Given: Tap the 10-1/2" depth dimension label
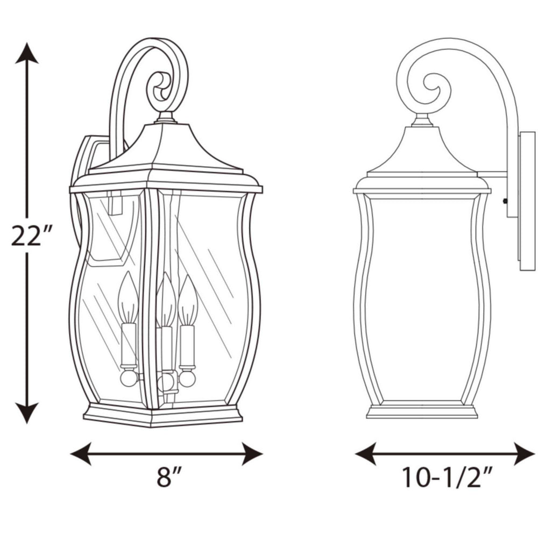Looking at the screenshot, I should (447, 477).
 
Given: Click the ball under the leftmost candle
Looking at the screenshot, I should (129, 377).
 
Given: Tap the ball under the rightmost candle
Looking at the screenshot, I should (187, 378).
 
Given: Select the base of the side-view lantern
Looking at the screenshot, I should (421, 411).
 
